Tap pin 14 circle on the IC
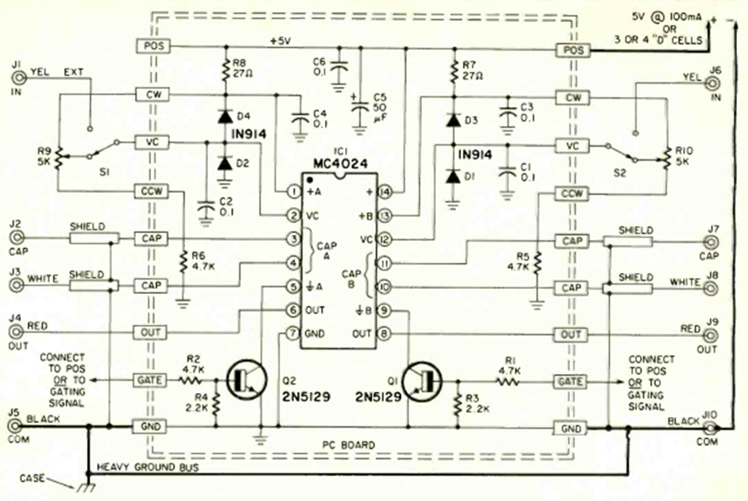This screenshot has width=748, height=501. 383,192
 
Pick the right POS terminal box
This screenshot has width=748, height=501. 574,51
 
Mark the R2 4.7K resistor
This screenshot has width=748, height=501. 195,381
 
